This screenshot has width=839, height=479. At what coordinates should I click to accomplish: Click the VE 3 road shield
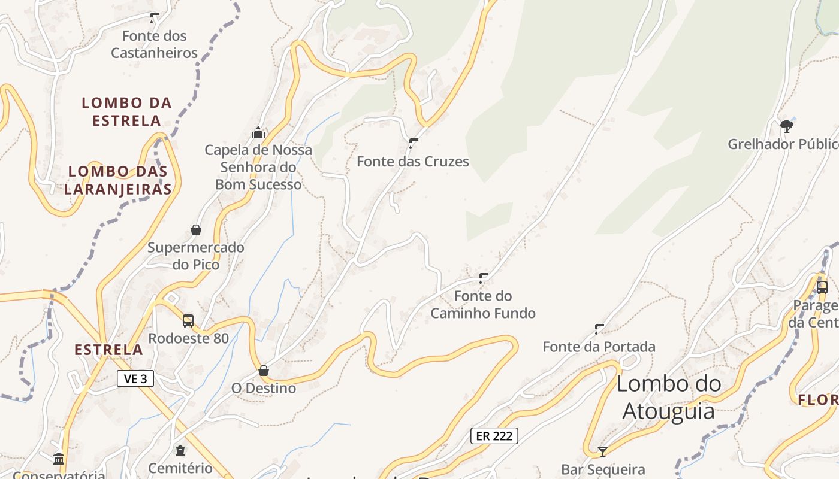[x=135, y=378]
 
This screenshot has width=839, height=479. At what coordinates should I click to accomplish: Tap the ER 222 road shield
[x=494, y=436]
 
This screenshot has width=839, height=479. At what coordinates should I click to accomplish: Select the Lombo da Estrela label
[x=126, y=111]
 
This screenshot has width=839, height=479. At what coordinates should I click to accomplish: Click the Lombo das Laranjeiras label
[x=117, y=180]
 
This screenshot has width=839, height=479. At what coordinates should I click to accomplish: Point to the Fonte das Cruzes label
[x=413, y=162]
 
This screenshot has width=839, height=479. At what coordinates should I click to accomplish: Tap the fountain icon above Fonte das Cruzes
[x=413, y=143]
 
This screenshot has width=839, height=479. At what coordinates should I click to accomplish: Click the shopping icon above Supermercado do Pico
[x=196, y=229]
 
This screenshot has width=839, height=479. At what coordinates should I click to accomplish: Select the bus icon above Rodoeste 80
[x=188, y=321]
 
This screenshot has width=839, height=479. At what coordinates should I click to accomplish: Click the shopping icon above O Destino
[x=264, y=371]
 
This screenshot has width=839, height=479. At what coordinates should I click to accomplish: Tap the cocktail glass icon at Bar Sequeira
[x=603, y=451]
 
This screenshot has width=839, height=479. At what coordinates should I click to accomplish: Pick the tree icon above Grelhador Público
[x=787, y=126]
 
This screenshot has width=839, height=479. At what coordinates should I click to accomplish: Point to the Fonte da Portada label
[x=599, y=347]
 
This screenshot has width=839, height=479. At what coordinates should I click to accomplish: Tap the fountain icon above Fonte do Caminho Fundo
[x=483, y=278]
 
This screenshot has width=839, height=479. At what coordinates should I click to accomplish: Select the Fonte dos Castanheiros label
[x=155, y=44]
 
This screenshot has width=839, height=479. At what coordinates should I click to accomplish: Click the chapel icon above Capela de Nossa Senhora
[x=258, y=132]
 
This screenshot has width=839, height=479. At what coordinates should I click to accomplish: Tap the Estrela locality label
[x=108, y=350]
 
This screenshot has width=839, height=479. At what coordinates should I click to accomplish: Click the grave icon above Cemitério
[x=180, y=450]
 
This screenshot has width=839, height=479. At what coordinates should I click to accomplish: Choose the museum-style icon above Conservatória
[x=59, y=459]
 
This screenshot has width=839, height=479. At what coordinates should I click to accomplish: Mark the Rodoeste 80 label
[x=188, y=338]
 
